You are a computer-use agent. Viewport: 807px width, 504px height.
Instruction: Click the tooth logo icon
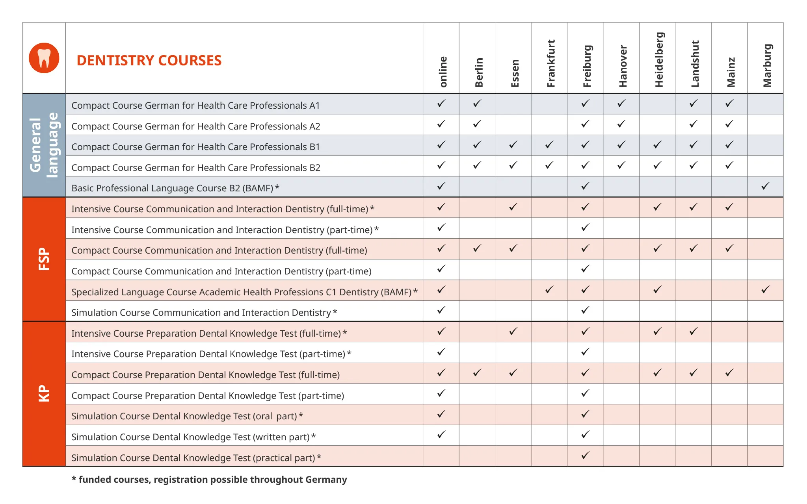(x=44, y=58)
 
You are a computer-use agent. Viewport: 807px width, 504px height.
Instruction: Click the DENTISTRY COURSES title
(x=149, y=60)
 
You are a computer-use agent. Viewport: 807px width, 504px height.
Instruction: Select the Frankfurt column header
(x=550, y=63)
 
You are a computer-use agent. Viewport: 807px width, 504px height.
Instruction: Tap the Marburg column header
(x=767, y=65)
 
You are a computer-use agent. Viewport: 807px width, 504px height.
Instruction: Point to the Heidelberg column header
(x=659, y=59)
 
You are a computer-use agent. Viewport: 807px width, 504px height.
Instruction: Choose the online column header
(x=443, y=71)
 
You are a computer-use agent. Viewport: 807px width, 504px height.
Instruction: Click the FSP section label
(x=44, y=259)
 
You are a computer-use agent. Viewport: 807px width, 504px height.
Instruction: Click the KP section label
(x=44, y=393)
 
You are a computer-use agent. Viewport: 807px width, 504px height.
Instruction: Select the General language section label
(x=44, y=145)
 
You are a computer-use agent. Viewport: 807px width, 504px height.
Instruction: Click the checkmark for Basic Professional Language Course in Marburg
(x=765, y=186)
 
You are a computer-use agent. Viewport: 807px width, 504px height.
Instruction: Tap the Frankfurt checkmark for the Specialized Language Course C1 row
(x=549, y=290)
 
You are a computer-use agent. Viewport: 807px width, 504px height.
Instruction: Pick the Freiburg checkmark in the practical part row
(x=585, y=455)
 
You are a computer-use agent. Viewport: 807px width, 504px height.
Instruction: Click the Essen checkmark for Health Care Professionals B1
(x=513, y=145)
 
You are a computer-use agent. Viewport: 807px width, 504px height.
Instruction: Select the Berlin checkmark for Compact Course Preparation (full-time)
(x=477, y=372)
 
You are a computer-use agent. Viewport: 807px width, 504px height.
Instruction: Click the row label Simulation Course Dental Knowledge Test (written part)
(x=193, y=437)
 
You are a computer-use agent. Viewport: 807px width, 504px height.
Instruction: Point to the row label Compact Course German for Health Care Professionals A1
(x=195, y=106)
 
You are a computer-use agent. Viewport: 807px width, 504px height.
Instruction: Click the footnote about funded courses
(x=209, y=480)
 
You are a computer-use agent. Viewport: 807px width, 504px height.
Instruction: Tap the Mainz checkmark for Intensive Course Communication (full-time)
(x=729, y=207)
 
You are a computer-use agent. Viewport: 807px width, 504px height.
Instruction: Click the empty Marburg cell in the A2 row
(x=765, y=124)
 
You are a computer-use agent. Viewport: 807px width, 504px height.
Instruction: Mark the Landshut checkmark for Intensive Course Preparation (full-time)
(x=694, y=332)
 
